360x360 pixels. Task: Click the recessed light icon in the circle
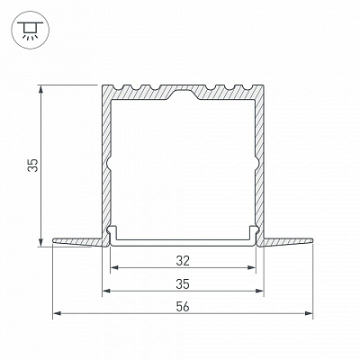(31, 31)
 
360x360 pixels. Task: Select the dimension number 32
(183, 261)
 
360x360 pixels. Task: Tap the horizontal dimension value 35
(183, 284)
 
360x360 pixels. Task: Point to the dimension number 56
(183, 307)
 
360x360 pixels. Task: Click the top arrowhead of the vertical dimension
(41, 89)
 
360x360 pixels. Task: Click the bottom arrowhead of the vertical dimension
(41, 242)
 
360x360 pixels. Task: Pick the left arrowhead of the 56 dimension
(57, 313)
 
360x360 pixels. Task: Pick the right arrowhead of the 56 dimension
(309, 313)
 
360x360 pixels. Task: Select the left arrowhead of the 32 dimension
(114, 267)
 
